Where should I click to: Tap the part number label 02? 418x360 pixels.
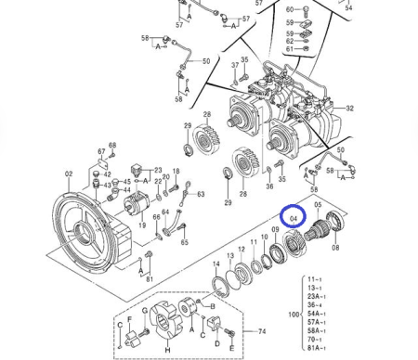(69, 174)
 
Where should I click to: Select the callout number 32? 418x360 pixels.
(349, 109)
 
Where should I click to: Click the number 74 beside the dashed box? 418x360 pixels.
(262, 331)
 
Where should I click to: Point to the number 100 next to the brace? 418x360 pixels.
(294, 315)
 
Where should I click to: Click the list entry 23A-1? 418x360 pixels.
(316, 296)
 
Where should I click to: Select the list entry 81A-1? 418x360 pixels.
(316, 348)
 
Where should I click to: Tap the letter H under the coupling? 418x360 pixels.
(167, 350)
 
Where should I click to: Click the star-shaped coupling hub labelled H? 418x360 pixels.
(163, 321)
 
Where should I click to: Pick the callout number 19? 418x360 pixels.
(142, 225)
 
